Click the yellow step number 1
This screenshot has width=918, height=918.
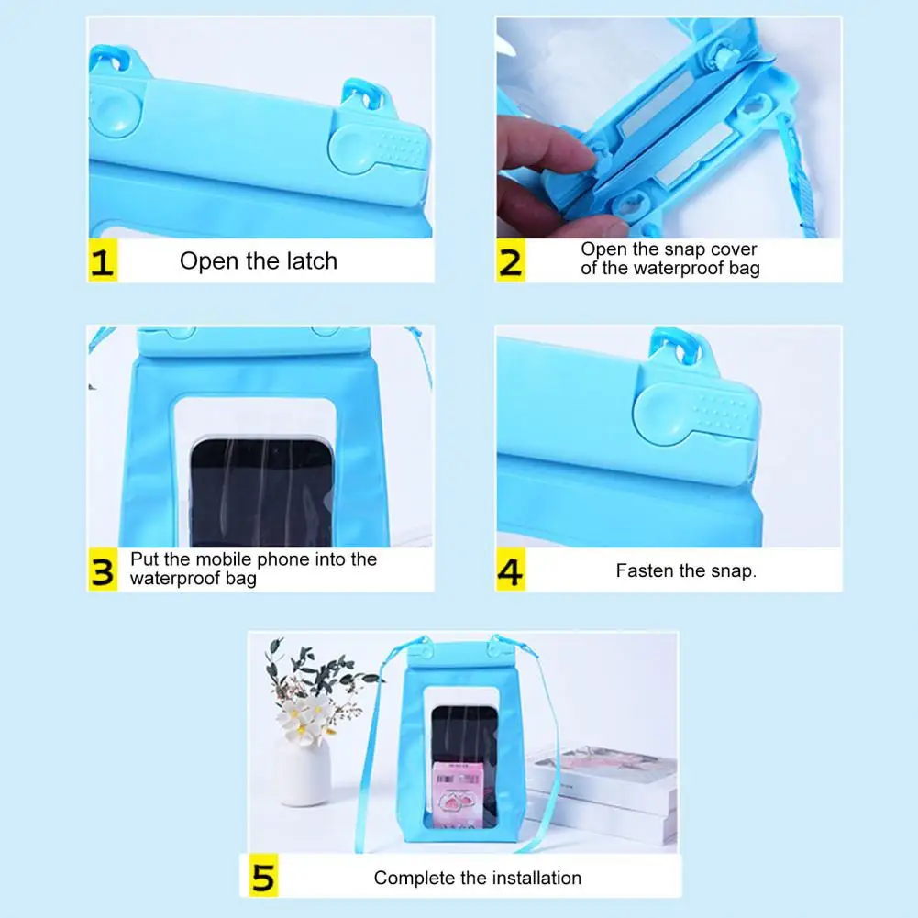coord(103,260)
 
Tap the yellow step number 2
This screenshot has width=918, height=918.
coord(511,260)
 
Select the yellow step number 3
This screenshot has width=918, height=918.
coord(103,570)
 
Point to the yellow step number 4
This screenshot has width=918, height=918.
coord(511,570)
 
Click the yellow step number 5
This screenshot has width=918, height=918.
coord(263,876)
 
